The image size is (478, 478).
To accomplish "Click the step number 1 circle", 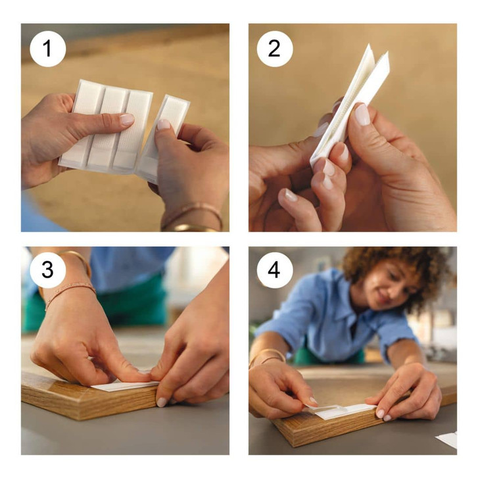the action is [48, 49].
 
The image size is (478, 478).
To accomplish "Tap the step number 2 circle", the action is [275, 49].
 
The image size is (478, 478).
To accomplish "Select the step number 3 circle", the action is [48, 270].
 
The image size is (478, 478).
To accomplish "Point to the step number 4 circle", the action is [275, 270].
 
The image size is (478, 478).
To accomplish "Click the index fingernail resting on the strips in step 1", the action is [127, 119].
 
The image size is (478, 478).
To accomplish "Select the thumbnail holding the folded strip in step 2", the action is [362, 114].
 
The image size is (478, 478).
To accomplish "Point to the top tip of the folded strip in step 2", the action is [369, 45].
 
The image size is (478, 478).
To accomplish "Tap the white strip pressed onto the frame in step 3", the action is [125, 386].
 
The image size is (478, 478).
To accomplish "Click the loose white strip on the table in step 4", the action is [447, 440].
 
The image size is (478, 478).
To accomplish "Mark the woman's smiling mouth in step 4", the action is [383, 295].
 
